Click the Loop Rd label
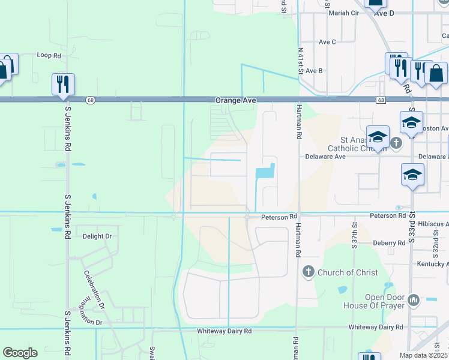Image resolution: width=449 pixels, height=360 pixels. [49, 55]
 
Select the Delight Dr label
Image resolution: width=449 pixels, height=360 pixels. [97, 236]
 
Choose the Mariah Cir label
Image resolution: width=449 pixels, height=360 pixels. [343, 12]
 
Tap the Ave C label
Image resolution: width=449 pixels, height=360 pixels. [327, 42]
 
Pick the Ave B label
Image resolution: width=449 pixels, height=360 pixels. [315, 71]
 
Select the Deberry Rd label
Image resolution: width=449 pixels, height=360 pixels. [388, 243]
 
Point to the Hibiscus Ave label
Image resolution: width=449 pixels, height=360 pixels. [432, 224]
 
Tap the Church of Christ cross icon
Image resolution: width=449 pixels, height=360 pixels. [309, 272]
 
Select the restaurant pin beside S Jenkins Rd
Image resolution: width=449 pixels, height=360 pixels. [63, 84]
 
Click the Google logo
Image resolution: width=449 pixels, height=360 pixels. [20, 353]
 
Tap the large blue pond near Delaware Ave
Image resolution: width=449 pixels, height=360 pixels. [265, 172]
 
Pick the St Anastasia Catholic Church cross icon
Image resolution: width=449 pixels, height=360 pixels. [396, 143]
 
